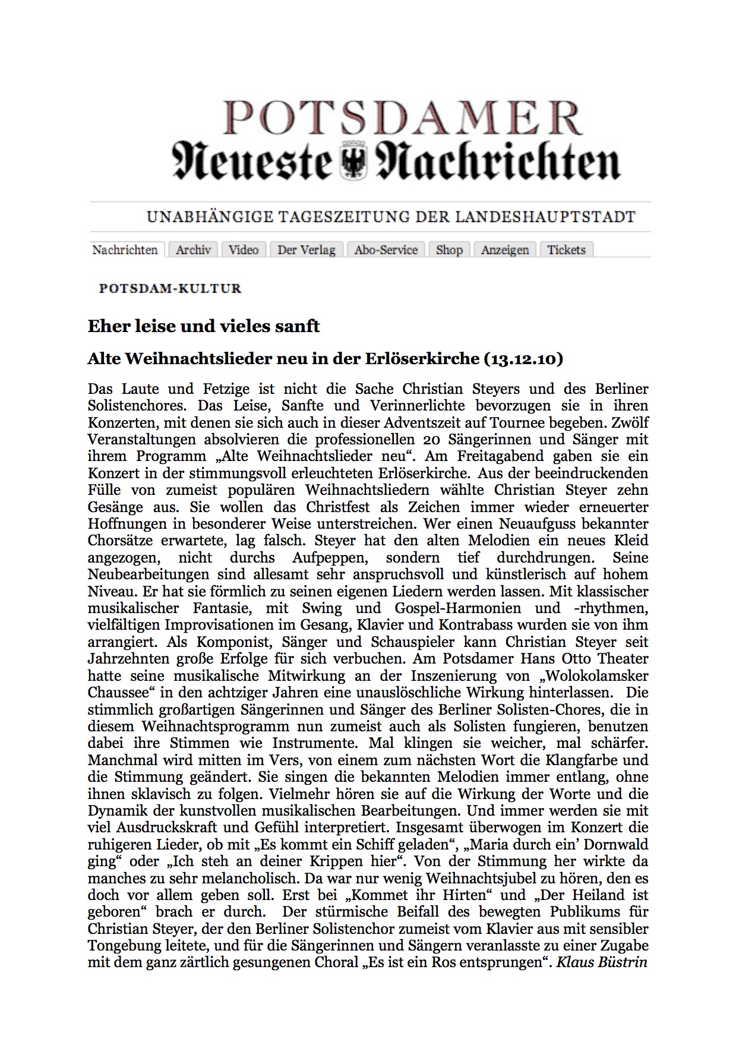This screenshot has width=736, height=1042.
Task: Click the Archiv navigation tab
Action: pyautogui.click(x=193, y=250)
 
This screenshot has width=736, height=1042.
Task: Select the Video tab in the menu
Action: pyautogui.click(x=244, y=250)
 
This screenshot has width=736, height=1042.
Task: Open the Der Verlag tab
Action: pyautogui.click(x=306, y=250)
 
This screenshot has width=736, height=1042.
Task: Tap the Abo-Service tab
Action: pyautogui.click(x=386, y=250)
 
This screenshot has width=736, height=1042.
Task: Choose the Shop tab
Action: pyautogui.click(x=449, y=250)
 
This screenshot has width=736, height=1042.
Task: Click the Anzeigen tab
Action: pyautogui.click(x=505, y=250)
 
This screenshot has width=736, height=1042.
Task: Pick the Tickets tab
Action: pyautogui.click(x=566, y=250)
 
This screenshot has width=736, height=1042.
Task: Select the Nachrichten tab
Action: pyautogui.click(x=125, y=250)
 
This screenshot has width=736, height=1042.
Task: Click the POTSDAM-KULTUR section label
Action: pyautogui.click(x=170, y=289)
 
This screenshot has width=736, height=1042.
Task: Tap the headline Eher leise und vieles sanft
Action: pyautogui.click(x=204, y=326)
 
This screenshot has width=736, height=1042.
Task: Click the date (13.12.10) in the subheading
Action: pyautogui.click(x=524, y=359)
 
